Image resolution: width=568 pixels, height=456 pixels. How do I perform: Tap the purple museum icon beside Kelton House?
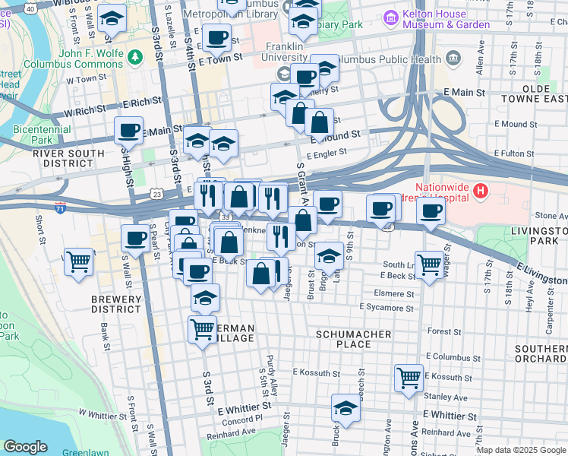click(x=391, y=17)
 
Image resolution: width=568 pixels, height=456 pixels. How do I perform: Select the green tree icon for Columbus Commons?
click(x=135, y=56)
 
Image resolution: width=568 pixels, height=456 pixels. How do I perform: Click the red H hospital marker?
click(x=480, y=189)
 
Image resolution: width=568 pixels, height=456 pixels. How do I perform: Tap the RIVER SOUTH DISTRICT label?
click(x=52, y=158)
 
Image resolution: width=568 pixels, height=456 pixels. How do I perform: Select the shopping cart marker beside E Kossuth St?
click(x=409, y=378)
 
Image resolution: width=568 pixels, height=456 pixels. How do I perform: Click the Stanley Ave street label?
click(x=446, y=397)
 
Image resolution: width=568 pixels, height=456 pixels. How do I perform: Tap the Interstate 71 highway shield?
click(x=60, y=207)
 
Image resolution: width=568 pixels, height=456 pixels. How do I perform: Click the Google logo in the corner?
click(x=25, y=447)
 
